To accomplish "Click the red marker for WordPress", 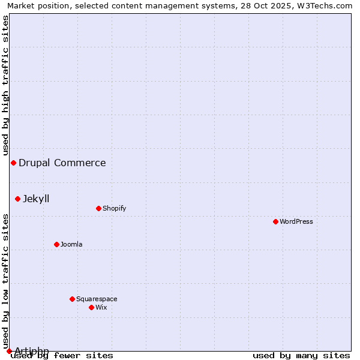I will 275,221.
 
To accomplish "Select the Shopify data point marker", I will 98,208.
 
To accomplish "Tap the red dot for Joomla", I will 56,244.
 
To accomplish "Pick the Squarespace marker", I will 72,299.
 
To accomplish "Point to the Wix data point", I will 91,307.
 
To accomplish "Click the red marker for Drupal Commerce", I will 13,163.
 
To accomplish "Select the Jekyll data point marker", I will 17,199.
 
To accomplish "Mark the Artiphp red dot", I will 9,351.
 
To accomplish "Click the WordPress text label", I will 296,221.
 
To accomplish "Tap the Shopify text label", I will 114,208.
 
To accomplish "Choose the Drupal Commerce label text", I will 62,163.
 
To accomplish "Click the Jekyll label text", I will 36,199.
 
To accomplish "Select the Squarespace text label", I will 97,299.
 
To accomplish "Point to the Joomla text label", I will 71,244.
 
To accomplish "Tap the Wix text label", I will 101,307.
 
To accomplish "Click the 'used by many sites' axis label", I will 301,355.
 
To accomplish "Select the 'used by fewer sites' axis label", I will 62,355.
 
